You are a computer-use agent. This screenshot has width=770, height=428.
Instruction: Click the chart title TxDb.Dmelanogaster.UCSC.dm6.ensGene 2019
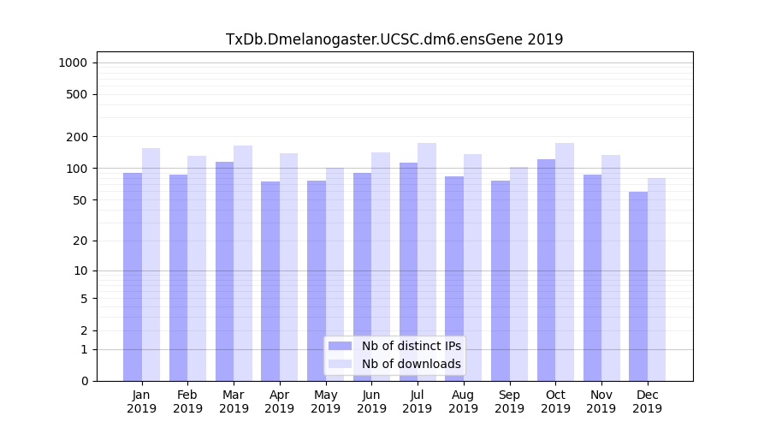[394, 39]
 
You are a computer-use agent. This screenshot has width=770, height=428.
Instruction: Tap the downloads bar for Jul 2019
[427, 262]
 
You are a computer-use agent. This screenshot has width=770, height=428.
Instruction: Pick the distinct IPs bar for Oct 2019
[546, 270]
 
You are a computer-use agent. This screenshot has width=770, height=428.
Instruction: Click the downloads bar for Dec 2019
[656, 279]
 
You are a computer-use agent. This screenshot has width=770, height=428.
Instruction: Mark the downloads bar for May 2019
[335, 274]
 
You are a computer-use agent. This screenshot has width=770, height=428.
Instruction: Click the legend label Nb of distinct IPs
[411, 346]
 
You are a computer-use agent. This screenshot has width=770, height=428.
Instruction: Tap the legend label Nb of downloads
[411, 364]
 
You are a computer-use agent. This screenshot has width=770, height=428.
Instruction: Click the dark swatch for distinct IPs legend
[341, 346]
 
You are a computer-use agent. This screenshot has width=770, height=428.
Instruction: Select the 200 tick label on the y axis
[78, 137]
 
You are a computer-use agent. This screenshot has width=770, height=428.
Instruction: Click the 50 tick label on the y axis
[80, 200]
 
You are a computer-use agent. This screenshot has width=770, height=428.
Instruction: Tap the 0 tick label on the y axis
[84, 381]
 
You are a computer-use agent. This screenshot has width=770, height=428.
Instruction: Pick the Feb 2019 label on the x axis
[187, 401]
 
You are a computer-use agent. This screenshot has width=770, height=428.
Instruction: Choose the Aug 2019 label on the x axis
[463, 401]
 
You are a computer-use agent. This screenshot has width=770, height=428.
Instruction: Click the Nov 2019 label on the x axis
[601, 401]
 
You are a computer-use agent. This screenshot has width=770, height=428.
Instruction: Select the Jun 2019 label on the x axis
[371, 401]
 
